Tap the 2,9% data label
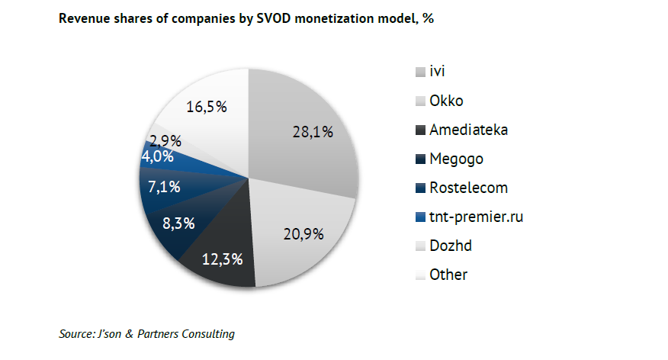point(165,140)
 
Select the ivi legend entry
point(437,72)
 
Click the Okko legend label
point(446,101)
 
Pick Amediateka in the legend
point(468,130)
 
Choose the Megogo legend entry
point(457,159)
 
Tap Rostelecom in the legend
point(468,188)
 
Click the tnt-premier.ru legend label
point(477,217)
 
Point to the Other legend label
point(448,275)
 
